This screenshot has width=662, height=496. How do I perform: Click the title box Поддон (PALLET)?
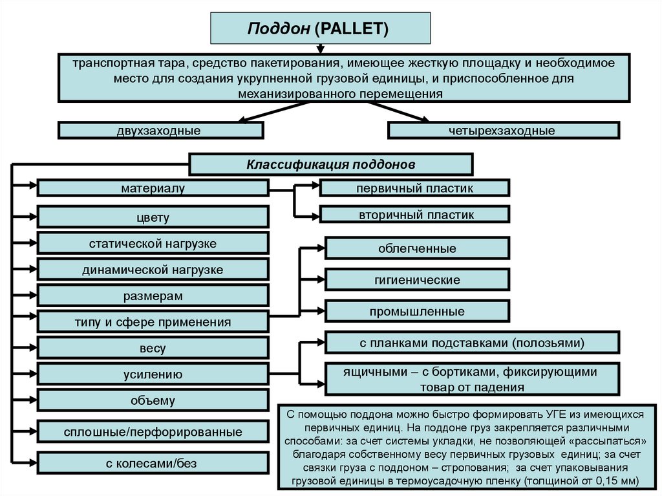tap(321, 28)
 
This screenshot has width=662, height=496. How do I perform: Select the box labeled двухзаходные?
tap(160, 131)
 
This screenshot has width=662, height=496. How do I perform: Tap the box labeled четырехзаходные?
tap(503, 131)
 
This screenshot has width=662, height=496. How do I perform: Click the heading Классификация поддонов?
tap(330, 164)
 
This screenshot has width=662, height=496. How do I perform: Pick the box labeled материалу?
tap(153, 188)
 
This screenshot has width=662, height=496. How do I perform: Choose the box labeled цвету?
tap(153, 217)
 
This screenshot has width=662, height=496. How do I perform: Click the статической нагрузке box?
tap(153, 244)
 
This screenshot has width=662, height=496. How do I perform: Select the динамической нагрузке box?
tap(153, 270)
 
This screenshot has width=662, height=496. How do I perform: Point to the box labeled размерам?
tap(153, 296)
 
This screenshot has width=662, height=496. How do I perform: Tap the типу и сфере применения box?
tap(153, 321)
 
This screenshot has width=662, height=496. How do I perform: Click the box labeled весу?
tap(153, 348)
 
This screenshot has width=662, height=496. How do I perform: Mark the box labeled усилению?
tap(153, 374)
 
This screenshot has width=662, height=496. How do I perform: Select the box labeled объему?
tap(153, 400)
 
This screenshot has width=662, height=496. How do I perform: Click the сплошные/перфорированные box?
tap(153, 431)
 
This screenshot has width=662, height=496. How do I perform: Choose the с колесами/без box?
tap(153, 462)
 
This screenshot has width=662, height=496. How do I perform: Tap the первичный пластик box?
tap(414, 188)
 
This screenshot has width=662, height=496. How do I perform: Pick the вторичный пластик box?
tap(414, 215)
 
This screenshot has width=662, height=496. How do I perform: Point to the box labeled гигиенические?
tap(417, 280)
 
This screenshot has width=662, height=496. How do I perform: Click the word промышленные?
tap(417, 312)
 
